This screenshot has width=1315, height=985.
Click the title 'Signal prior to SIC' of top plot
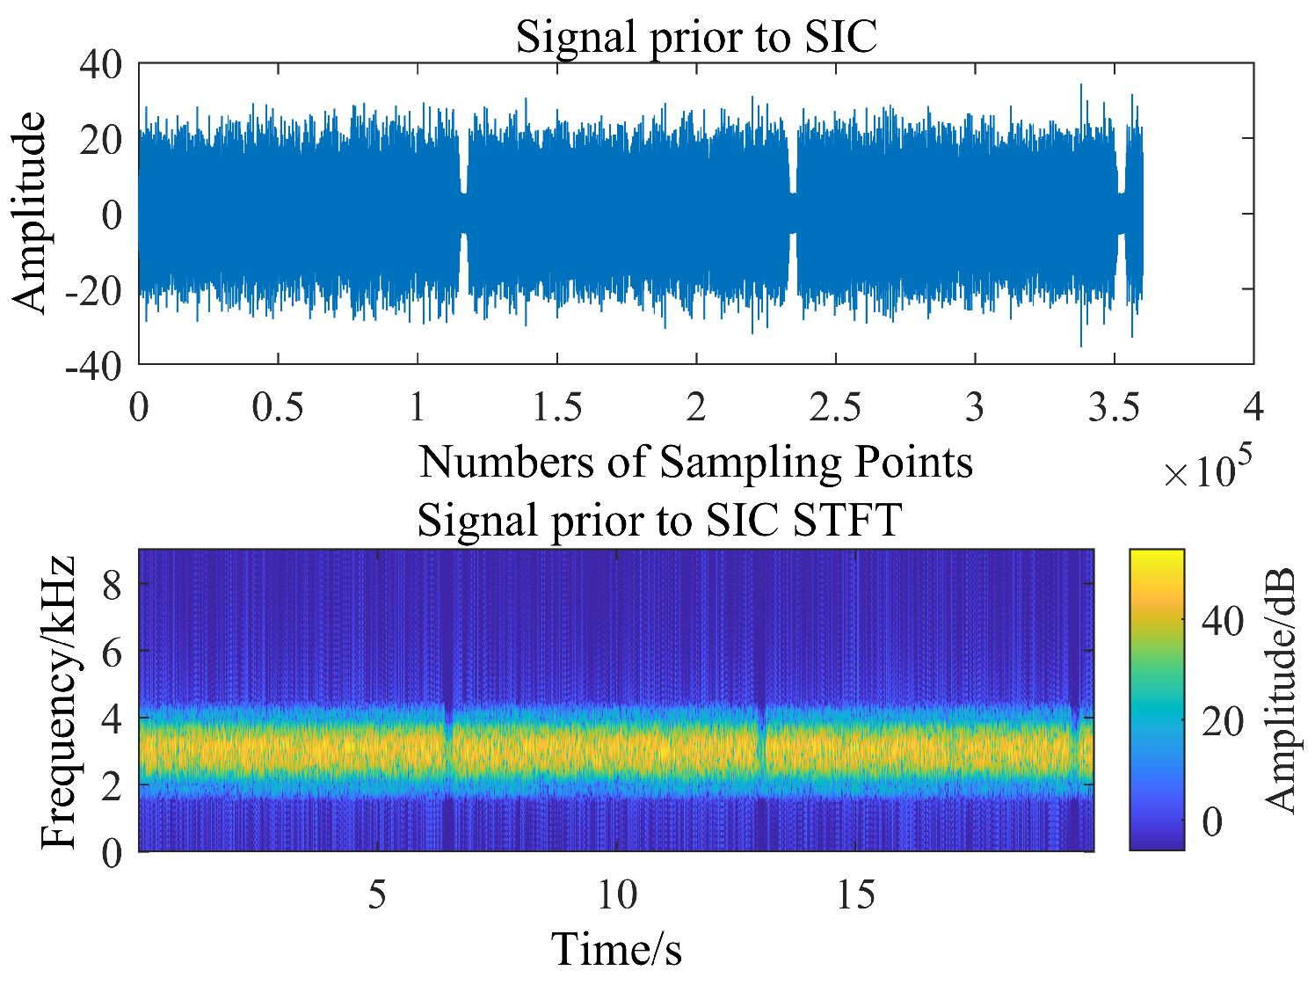click(x=696, y=37)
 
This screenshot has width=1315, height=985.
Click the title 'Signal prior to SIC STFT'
click(x=659, y=520)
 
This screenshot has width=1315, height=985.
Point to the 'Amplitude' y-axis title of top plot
click(x=30, y=213)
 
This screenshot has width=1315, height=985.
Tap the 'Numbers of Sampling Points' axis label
click(x=696, y=462)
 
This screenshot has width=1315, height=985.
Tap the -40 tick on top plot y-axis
click(x=93, y=366)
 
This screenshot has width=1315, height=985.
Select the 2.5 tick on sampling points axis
click(x=835, y=408)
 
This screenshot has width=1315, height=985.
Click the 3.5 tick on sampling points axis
click(x=1114, y=408)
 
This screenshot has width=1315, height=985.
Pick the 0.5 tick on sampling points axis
click(x=278, y=408)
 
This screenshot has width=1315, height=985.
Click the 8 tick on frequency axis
click(x=112, y=584)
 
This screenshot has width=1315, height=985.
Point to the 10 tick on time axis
click(x=617, y=895)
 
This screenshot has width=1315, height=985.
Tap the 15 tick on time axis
click(x=856, y=895)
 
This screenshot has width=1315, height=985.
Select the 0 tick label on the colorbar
click(x=1213, y=822)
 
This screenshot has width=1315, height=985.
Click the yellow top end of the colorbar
click(x=1156, y=556)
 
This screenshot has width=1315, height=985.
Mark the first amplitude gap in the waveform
click(x=463, y=213)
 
